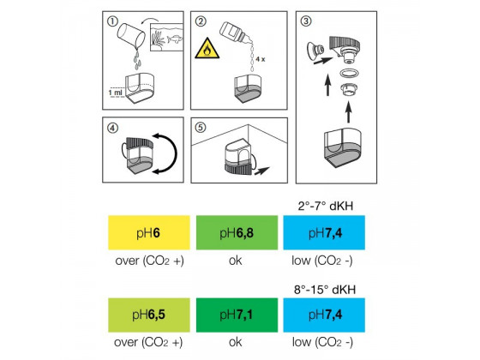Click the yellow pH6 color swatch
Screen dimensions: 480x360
click(x=149, y=232)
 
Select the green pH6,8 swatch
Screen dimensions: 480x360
click(x=237, y=232)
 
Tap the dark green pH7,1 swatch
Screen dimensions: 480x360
click(x=237, y=315)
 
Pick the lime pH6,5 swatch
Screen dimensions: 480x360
click(x=149, y=315)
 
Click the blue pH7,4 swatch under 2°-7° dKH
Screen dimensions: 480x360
click(x=324, y=232)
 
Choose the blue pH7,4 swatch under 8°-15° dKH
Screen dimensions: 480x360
click(x=324, y=315)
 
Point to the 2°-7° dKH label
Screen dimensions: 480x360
click(x=326, y=206)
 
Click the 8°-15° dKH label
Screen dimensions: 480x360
click(x=325, y=290)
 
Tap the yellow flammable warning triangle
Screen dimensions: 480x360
click(x=207, y=49)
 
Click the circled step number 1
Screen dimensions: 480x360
click(x=112, y=21)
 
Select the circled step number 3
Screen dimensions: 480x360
click(x=306, y=21)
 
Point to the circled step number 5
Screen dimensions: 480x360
click(x=201, y=128)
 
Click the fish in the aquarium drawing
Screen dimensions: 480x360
click(x=175, y=39)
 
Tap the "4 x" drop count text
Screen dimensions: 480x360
click(x=261, y=59)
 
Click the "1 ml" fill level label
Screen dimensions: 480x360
click(x=115, y=93)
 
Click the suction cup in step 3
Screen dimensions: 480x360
click(x=315, y=51)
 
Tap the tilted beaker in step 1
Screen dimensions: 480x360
click(x=131, y=36)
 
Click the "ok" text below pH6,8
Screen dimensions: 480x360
click(x=235, y=261)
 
